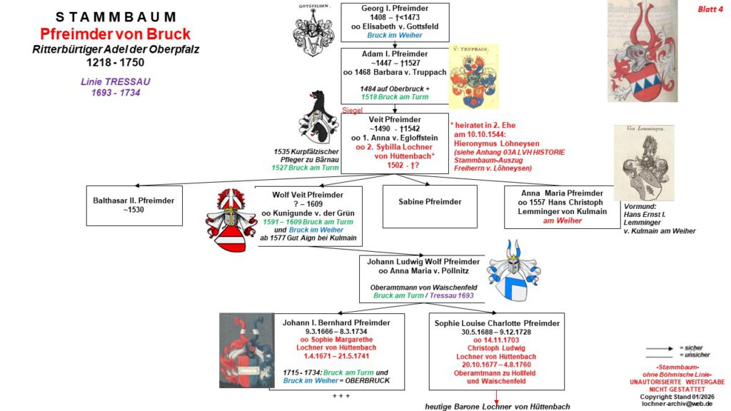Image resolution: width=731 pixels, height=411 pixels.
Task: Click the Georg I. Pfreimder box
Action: coord(395,21)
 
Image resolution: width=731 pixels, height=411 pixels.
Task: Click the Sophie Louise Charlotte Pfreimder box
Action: coord(497,351)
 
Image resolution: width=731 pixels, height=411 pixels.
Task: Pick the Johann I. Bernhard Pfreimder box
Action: coord(336,351)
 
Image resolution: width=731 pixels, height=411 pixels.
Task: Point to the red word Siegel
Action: coord(353,111)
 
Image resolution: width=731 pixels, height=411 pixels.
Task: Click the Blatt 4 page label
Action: coord(710,9)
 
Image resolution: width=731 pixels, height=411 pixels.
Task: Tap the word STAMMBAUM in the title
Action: coord(116,17)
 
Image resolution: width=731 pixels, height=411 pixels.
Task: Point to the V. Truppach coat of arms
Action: coord(473,76)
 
